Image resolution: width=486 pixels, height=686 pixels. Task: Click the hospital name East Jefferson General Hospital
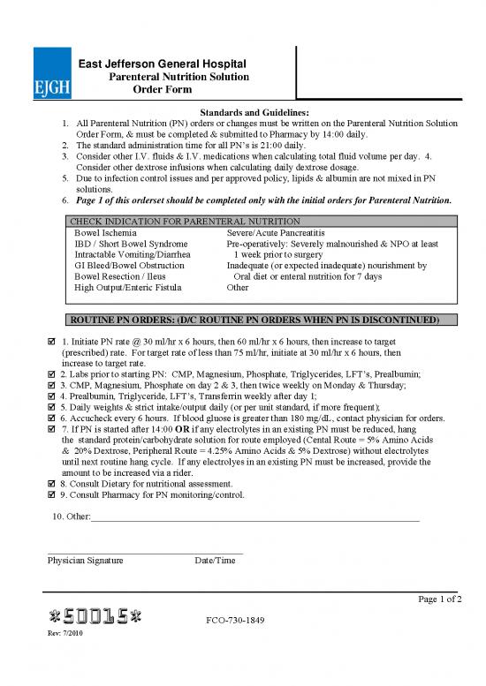[163, 64]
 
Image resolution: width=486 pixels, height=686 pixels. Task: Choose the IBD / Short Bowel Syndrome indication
[131, 243]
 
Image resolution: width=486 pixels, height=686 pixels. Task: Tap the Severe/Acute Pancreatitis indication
[277, 231]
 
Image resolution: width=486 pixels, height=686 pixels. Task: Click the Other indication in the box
[238, 288]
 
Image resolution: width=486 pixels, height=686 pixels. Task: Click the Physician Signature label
[86, 561]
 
